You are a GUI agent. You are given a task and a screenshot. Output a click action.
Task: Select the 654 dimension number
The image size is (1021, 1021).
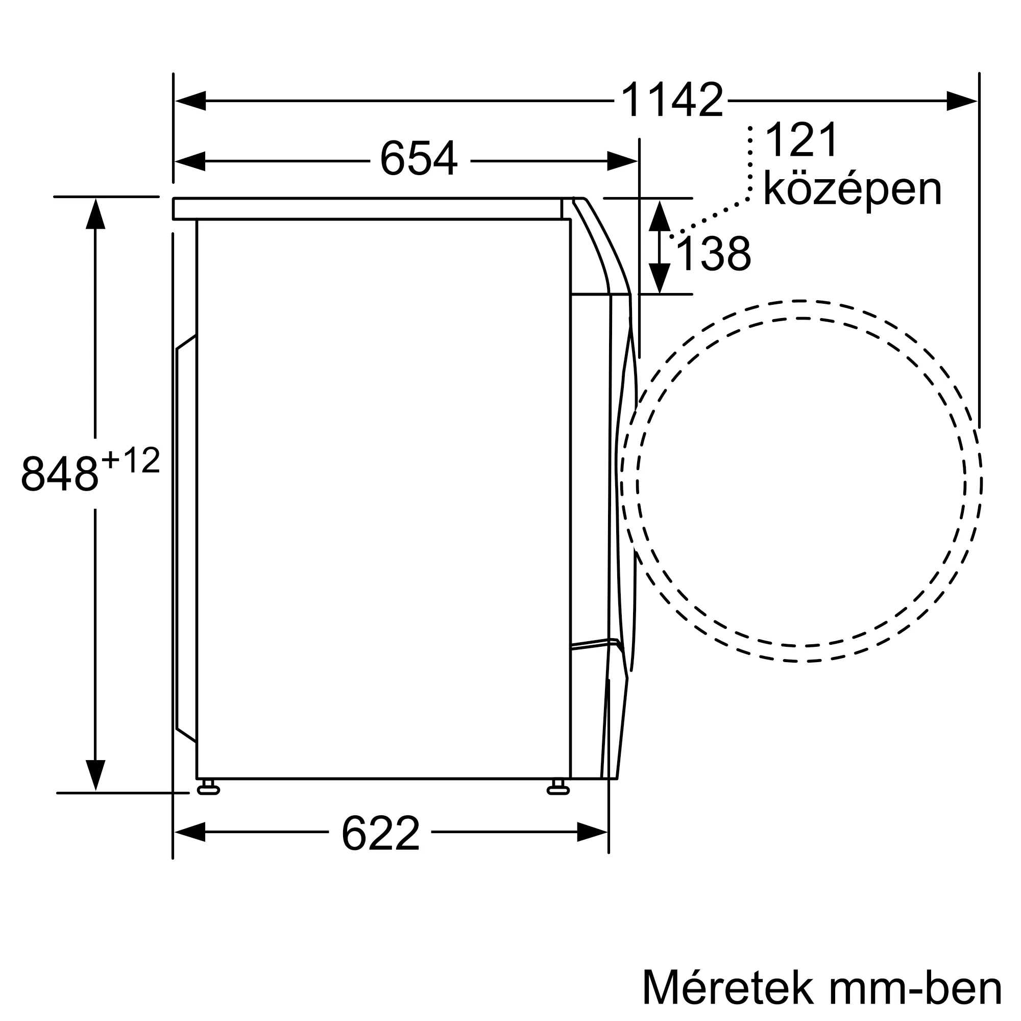pyautogui.click(x=419, y=159)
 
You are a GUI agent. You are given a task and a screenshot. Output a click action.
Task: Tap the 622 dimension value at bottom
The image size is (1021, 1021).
pyautogui.click(x=380, y=834)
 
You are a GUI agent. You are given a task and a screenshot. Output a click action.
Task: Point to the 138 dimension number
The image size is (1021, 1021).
pyautogui.click(x=714, y=255)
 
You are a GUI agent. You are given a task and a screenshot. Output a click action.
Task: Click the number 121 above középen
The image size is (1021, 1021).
pyautogui.click(x=801, y=140)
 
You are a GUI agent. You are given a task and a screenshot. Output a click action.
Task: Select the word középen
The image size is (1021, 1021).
pyautogui.click(x=853, y=190)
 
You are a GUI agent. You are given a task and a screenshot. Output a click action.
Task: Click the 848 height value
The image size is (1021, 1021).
pyautogui.click(x=59, y=474)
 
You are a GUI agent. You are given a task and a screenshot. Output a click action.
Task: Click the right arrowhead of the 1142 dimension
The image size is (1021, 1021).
pyautogui.click(x=961, y=101)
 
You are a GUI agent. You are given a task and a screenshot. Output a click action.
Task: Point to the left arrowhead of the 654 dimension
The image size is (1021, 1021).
pyautogui.click(x=190, y=161)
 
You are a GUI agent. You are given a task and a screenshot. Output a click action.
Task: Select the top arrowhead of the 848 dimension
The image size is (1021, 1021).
pyautogui.click(x=95, y=214)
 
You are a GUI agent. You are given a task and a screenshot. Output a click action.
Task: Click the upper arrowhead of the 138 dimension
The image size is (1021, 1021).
pyautogui.click(x=660, y=215)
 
